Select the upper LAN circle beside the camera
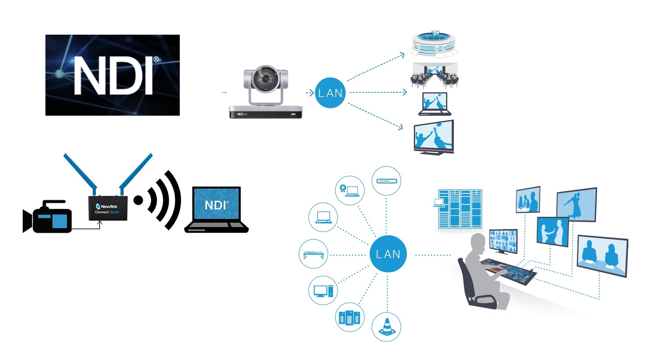[x=330, y=93]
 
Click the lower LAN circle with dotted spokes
[x=388, y=254]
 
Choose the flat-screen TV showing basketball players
[x=434, y=137]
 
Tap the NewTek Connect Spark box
[x=108, y=208]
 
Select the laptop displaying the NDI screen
[x=216, y=209]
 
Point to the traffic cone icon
[x=387, y=327]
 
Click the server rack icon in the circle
[x=349, y=317]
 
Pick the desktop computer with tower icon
[x=323, y=290]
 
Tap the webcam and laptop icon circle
[x=349, y=190]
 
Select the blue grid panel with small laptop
[x=460, y=209]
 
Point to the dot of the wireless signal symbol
[x=138, y=200]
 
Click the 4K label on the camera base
[x=293, y=114]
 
